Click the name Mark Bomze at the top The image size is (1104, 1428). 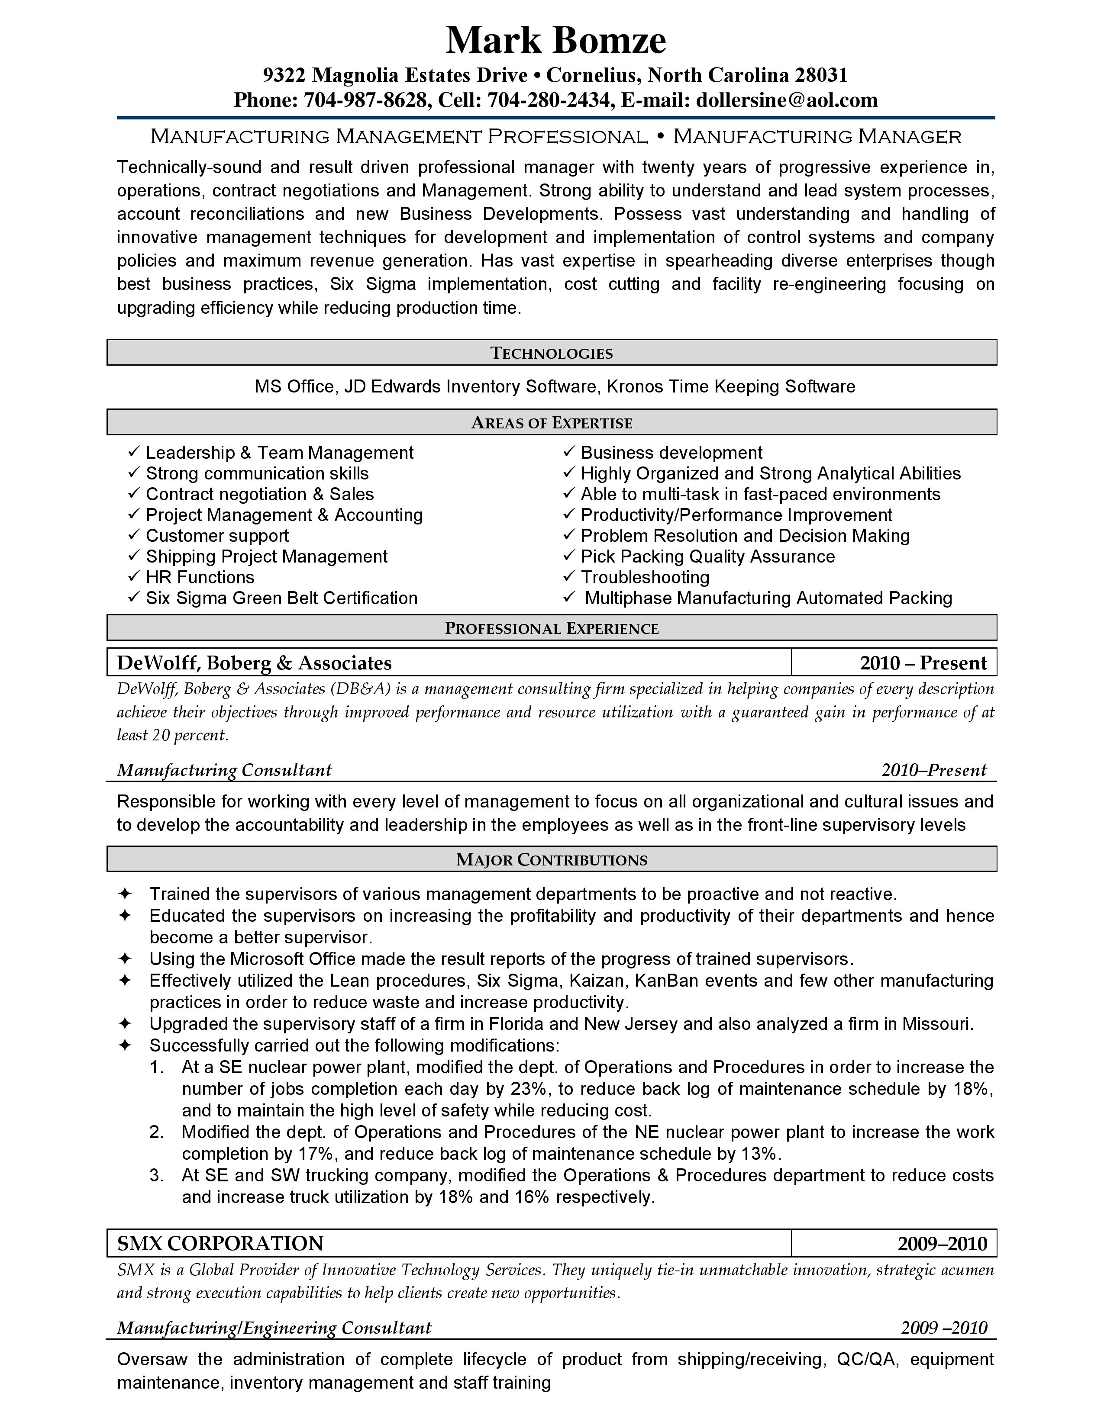click(x=555, y=41)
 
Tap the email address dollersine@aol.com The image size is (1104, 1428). click(x=787, y=100)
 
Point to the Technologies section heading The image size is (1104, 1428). click(x=551, y=353)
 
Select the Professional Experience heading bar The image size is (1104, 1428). click(x=551, y=628)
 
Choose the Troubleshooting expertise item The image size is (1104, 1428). click(x=645, y=577)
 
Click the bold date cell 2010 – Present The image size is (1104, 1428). click(x=923, y=663)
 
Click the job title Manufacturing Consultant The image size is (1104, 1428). click(x=224, y=770)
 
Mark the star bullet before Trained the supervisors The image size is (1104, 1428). click(x=125, y=894)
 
